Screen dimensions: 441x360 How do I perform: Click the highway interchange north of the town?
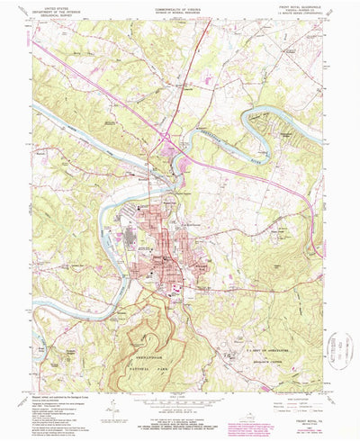(x=169, y=136)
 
